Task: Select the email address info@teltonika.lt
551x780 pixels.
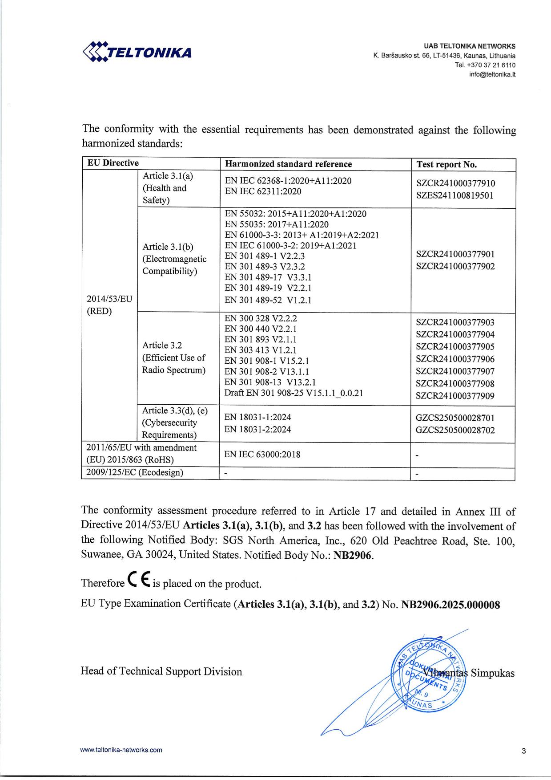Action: click(492, 74)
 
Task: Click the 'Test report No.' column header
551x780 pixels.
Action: click(446, 164)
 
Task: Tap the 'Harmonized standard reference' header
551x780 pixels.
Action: click(288, 164)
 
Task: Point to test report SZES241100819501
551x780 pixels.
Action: click(455, 195)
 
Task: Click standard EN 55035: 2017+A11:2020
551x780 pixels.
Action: click(277, 224)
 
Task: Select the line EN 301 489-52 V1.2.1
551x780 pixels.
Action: click(268, 300)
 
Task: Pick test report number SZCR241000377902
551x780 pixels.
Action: click(455, 266)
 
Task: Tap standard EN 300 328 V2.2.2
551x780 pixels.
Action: click(261, 318)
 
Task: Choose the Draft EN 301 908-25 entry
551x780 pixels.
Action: click(294, 393)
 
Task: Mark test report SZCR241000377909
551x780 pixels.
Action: click(455, 396)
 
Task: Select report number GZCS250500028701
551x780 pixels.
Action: click(455, 418)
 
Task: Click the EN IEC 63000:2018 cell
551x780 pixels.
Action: click(262, 455)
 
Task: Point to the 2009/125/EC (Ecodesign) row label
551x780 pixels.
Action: click(135, 472)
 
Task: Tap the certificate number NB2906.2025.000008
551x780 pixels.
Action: click(450, 605)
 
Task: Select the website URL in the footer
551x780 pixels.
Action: click(121, 750)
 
